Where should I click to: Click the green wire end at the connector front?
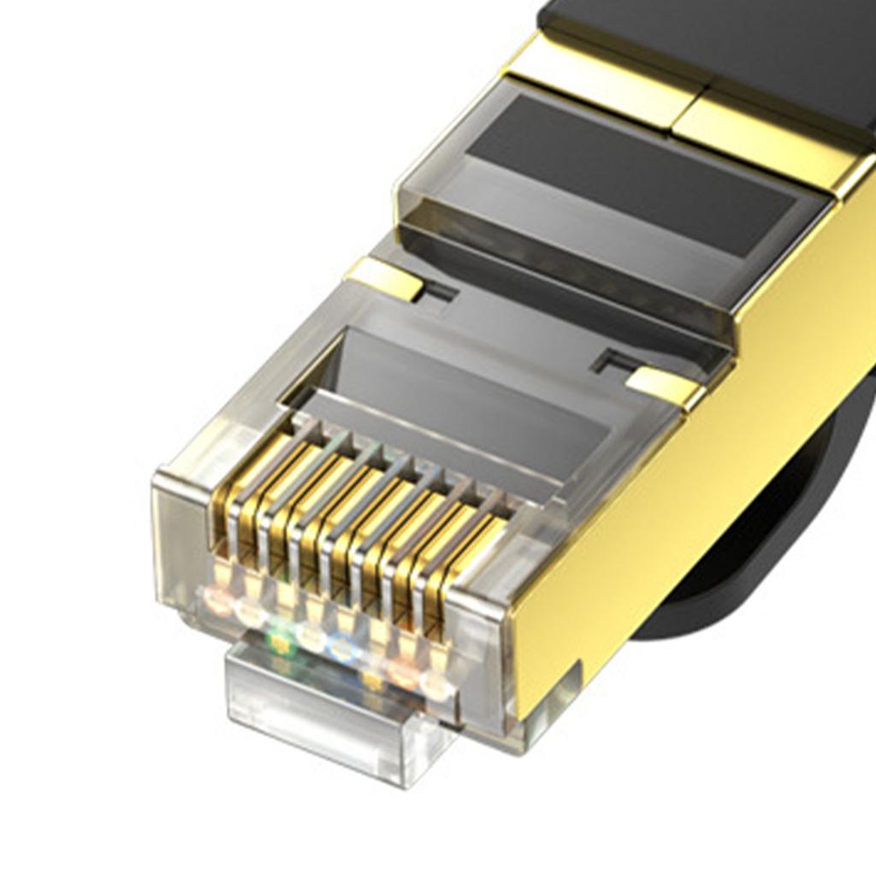pyautogui.click(x=279, y=637)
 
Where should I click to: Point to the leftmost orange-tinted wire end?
pyautogui.click(x=217, y=600)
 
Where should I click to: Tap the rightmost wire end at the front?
pyautogui.click(x=435, y=684)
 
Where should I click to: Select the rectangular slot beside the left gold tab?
pyautogui.click(x=439, y=293)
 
